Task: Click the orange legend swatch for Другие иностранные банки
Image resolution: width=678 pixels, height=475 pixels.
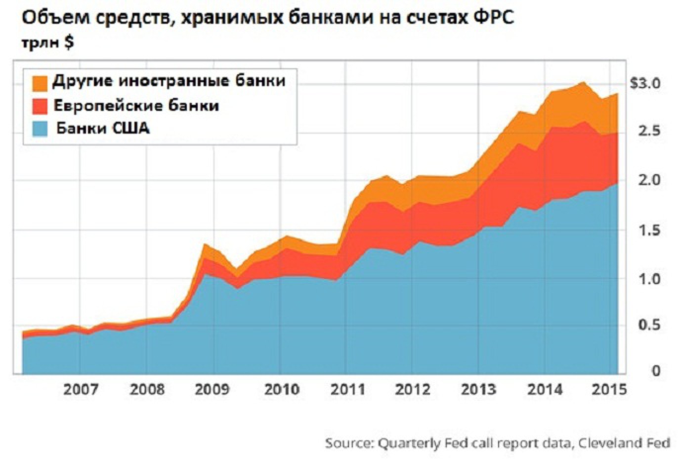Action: (x=40, y=83)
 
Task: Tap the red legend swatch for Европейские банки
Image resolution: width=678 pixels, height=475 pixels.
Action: (x=40, y=106)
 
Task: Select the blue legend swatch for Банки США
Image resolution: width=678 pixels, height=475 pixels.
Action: (x=40, y=129)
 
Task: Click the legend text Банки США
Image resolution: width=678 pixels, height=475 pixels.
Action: (x=103, y=129)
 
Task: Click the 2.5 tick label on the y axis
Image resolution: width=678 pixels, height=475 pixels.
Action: (x=649, y=131)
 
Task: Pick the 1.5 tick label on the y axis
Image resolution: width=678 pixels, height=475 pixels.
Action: (x=649, y=230)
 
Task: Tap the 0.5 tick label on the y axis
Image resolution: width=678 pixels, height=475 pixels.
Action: (x=649, y=325)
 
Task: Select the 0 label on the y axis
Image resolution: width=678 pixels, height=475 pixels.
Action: (x=656, y=371)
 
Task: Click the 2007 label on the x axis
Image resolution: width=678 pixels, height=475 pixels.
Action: (x=81, y=389)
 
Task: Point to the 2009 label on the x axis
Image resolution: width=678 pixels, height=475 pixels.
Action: (x=212, y=389)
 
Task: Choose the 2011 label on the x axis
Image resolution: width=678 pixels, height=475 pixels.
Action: (x=347, y=389)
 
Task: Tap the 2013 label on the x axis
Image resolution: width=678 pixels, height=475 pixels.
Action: (x=478, y=389)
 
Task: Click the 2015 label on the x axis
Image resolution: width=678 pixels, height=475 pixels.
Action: (x=609, y=389)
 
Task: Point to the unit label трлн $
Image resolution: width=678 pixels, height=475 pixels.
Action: (x=47, y=43)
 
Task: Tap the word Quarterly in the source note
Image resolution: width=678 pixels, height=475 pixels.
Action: (x=408, y=443)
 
